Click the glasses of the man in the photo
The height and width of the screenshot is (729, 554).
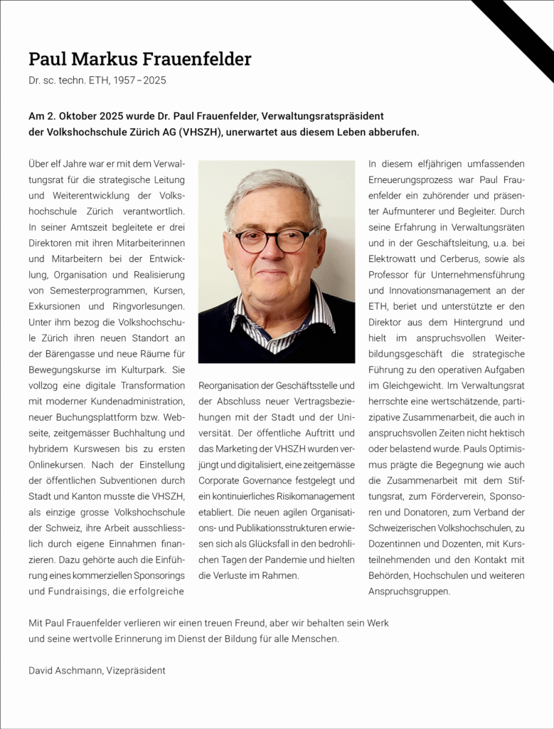coord(275,240)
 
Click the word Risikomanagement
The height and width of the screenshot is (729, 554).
coord(314,495)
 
